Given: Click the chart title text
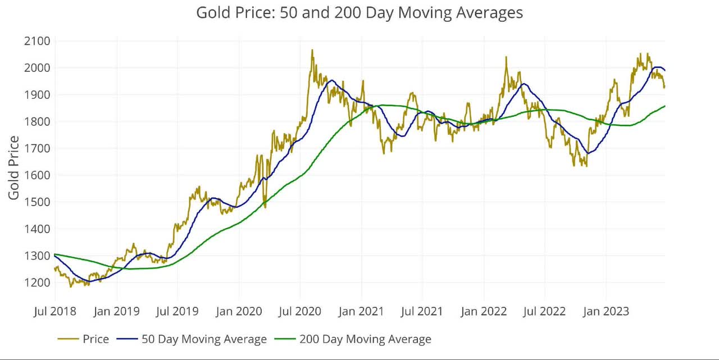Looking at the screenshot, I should pos(359,12).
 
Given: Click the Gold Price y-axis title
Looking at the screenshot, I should pos(13,167).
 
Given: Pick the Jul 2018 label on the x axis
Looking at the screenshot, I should pos(55,311).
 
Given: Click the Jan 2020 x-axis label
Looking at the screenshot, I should pos(239,311).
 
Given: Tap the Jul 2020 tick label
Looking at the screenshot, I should pos(300,311).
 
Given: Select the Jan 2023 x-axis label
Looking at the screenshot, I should pos(607,311).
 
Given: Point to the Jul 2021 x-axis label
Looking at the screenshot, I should pos(422,311).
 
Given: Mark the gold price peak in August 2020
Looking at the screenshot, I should pos(312,50).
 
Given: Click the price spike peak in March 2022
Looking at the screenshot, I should pos(506,57).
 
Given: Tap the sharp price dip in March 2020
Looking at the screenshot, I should pos(265,207).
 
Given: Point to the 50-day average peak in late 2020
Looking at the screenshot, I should pos(331,80).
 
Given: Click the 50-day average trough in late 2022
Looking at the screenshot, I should pos(588,153).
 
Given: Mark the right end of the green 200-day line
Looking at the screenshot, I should pos(665,106).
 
